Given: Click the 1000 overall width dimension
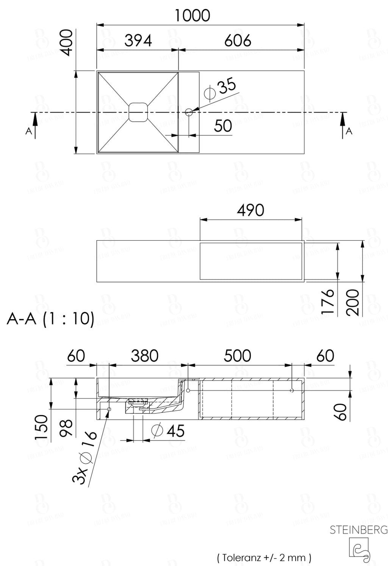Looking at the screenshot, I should [x=192, y=16].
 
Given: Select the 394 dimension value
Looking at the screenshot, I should [x=138, y=40].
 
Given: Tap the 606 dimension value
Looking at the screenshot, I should [x=238, y=40].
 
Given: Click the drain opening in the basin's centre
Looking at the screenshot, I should [x=138, y=112].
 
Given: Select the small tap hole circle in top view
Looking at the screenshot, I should [x=189, y=112].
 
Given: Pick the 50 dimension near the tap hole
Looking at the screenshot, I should [x=223, y=126].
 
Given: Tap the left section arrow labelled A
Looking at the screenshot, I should [x=34, y=126].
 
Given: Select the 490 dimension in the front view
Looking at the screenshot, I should [x=250, y=210].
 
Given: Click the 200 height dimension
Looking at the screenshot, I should [x=352, y=302].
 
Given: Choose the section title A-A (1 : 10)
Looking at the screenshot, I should [x=50, y=319].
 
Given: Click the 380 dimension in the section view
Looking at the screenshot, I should [x=144, y=356].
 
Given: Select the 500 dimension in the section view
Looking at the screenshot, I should [x=237, y=356].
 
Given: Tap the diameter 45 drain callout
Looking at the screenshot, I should [x=168, y=431].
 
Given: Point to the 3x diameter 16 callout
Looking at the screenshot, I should [x=85, y=458].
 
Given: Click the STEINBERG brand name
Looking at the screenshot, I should [x=358, y=530].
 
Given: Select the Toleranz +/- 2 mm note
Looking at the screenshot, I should [x=264, y=557].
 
